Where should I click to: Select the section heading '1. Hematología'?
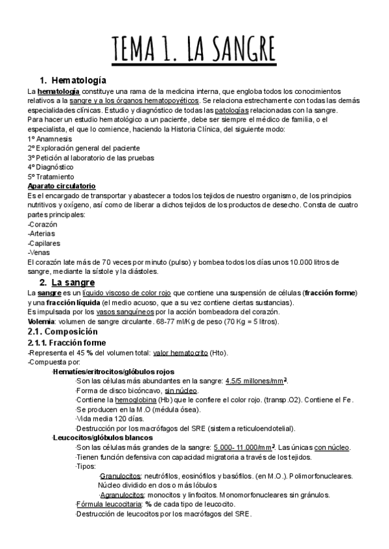coord(73,80)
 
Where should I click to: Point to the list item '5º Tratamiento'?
coord(51,177)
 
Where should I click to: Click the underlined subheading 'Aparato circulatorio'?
coord(62,186)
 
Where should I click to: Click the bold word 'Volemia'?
coord(41,322)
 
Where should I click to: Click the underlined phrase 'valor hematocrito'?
coord(180,352)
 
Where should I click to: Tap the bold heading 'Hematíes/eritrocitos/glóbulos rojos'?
coord(113,372)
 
